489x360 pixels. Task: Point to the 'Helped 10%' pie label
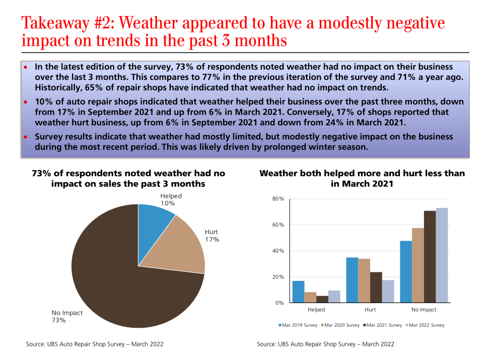click(x=171, y=199)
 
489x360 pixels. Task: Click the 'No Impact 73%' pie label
click(x=67, y=316)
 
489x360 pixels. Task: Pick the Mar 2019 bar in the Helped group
click(x=298, y=292)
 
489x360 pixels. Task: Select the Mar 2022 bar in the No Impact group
click(x=442, y=255)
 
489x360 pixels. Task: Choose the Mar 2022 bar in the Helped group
click(x=334, y=297)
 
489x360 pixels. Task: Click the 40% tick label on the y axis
click(x=278, y=251)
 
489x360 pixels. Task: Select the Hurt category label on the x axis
click(x=370, y=310)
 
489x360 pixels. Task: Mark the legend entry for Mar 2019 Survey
click(x=298, y=325)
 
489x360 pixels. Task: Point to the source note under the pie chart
click(x=95, y=344)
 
